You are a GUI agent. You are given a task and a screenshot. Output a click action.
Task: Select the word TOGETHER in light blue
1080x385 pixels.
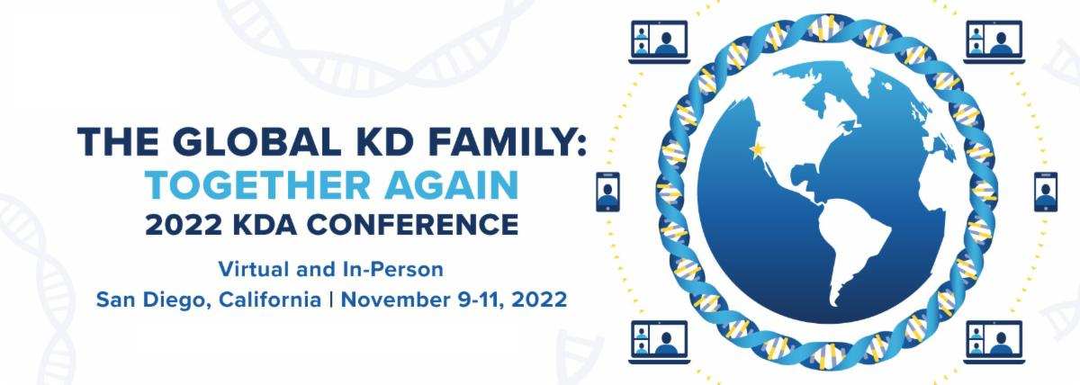click(x=257, y=185)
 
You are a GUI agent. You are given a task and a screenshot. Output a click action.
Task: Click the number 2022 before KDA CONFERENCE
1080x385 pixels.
click(x=184, y=225)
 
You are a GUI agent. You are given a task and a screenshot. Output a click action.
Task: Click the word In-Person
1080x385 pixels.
click(x=393, y=269)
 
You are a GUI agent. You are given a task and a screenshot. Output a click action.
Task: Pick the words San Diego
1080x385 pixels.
click(x=152, y=300)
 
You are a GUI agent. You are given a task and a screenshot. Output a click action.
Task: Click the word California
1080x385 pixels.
click(x=269, y=300)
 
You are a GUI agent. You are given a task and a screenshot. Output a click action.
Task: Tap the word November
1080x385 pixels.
click(x=395, y=300)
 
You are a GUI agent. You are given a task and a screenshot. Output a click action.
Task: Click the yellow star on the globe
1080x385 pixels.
click(x=757, y=149)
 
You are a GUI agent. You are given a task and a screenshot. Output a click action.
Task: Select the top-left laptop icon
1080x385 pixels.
click(x=659, y=42)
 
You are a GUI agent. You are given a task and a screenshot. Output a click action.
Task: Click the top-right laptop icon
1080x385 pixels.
click(x=994, y=42)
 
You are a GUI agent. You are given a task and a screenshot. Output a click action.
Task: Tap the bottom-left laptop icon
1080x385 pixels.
click(x=659, y=342)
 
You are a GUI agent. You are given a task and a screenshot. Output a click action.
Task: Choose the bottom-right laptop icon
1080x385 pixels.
click(x=994, y=342)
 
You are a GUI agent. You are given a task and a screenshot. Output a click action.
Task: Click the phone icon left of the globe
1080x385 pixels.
click(x=608, y=192)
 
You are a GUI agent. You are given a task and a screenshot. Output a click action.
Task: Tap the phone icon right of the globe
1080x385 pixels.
click(x=1046, y=192)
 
